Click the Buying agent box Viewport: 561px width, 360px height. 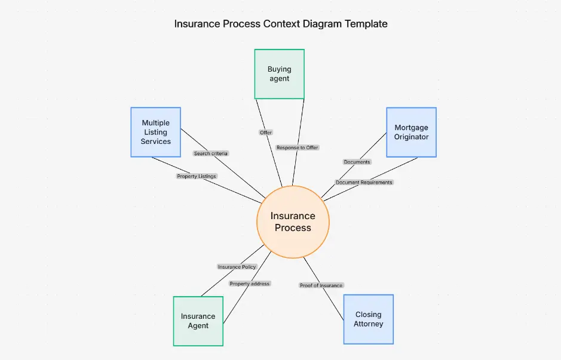coord(279,74)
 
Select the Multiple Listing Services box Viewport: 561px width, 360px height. coord(155,132)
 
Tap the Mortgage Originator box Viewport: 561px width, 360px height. coord(411,132)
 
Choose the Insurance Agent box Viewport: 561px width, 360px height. coord(198,321)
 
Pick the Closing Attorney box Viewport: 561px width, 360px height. coord(368,319)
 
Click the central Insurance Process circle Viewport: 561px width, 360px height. coord(293,221)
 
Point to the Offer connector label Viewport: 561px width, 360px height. coord(266,133)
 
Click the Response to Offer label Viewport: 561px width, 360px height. coord(297,147)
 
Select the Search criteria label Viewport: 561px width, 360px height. coord(211,153)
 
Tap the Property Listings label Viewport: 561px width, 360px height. coord(197,176)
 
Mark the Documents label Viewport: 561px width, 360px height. coord(357,162)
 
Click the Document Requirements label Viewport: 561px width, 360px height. coord(364,182)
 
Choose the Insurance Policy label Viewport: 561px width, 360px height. coord(237,267)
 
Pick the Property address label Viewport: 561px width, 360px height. coord(250,284)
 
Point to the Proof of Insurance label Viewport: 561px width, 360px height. coord(321,285)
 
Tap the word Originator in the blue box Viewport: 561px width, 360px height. coord(411,137)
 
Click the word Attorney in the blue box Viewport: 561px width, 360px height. coord(368,324)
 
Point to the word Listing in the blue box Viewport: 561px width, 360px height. coord(155,132)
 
